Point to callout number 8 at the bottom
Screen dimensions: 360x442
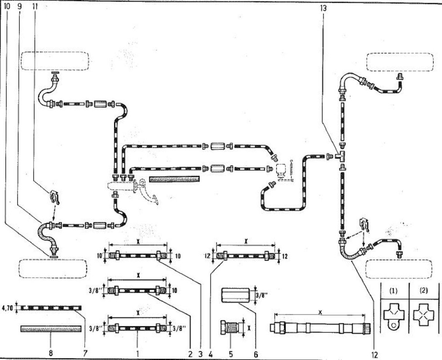coord(51,353)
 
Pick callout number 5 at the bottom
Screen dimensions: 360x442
coord(231,353)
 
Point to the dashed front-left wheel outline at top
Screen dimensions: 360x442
coord(54,61)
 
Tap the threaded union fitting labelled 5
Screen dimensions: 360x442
coord(230,325)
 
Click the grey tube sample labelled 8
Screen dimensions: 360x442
coord(51,329)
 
